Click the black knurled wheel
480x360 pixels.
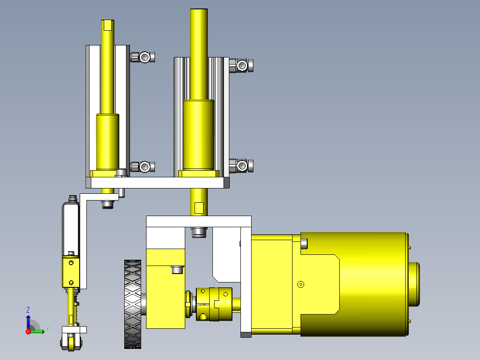133,304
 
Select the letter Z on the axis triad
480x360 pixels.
28,310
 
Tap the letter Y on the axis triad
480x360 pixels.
48,329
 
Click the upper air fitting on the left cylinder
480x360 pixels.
142,57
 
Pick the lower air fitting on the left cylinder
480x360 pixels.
142,167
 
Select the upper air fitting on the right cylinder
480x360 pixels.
241,65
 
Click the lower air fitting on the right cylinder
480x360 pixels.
241,166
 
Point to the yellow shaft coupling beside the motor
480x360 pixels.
214,304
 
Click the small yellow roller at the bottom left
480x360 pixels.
71,343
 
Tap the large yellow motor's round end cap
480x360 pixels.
414,284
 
